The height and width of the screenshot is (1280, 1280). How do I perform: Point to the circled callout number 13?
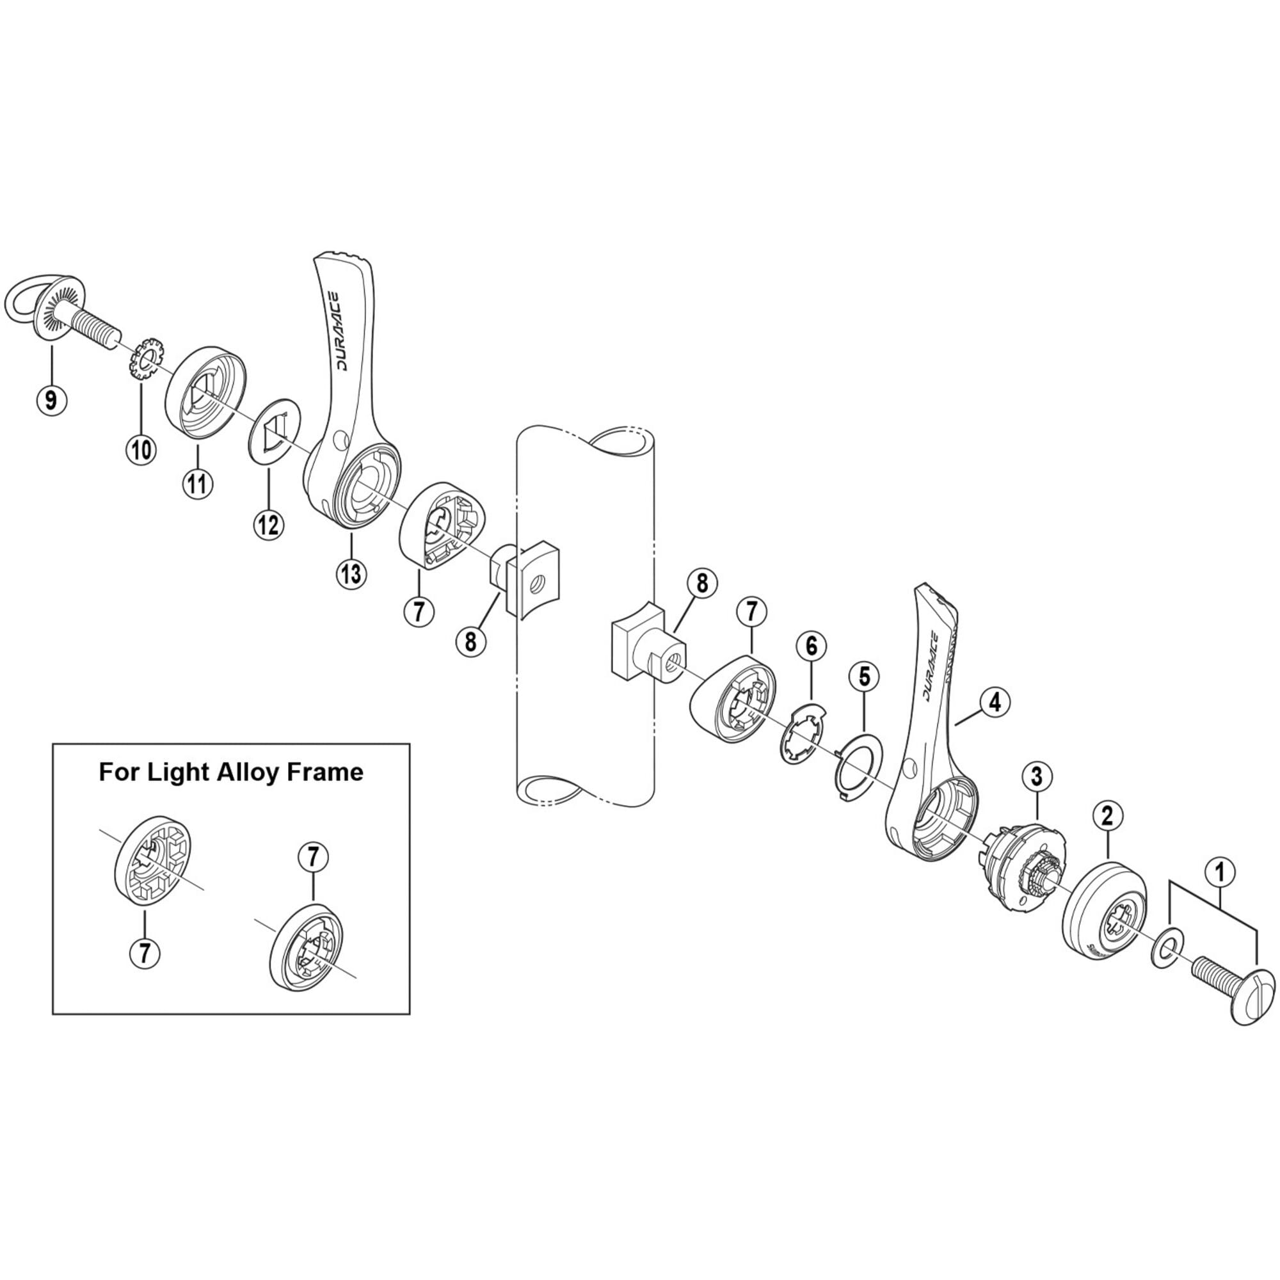pos(351,573)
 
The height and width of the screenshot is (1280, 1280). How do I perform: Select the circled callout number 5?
pos(865,676)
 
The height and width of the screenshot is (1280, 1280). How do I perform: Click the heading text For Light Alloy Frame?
pos(230,772)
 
